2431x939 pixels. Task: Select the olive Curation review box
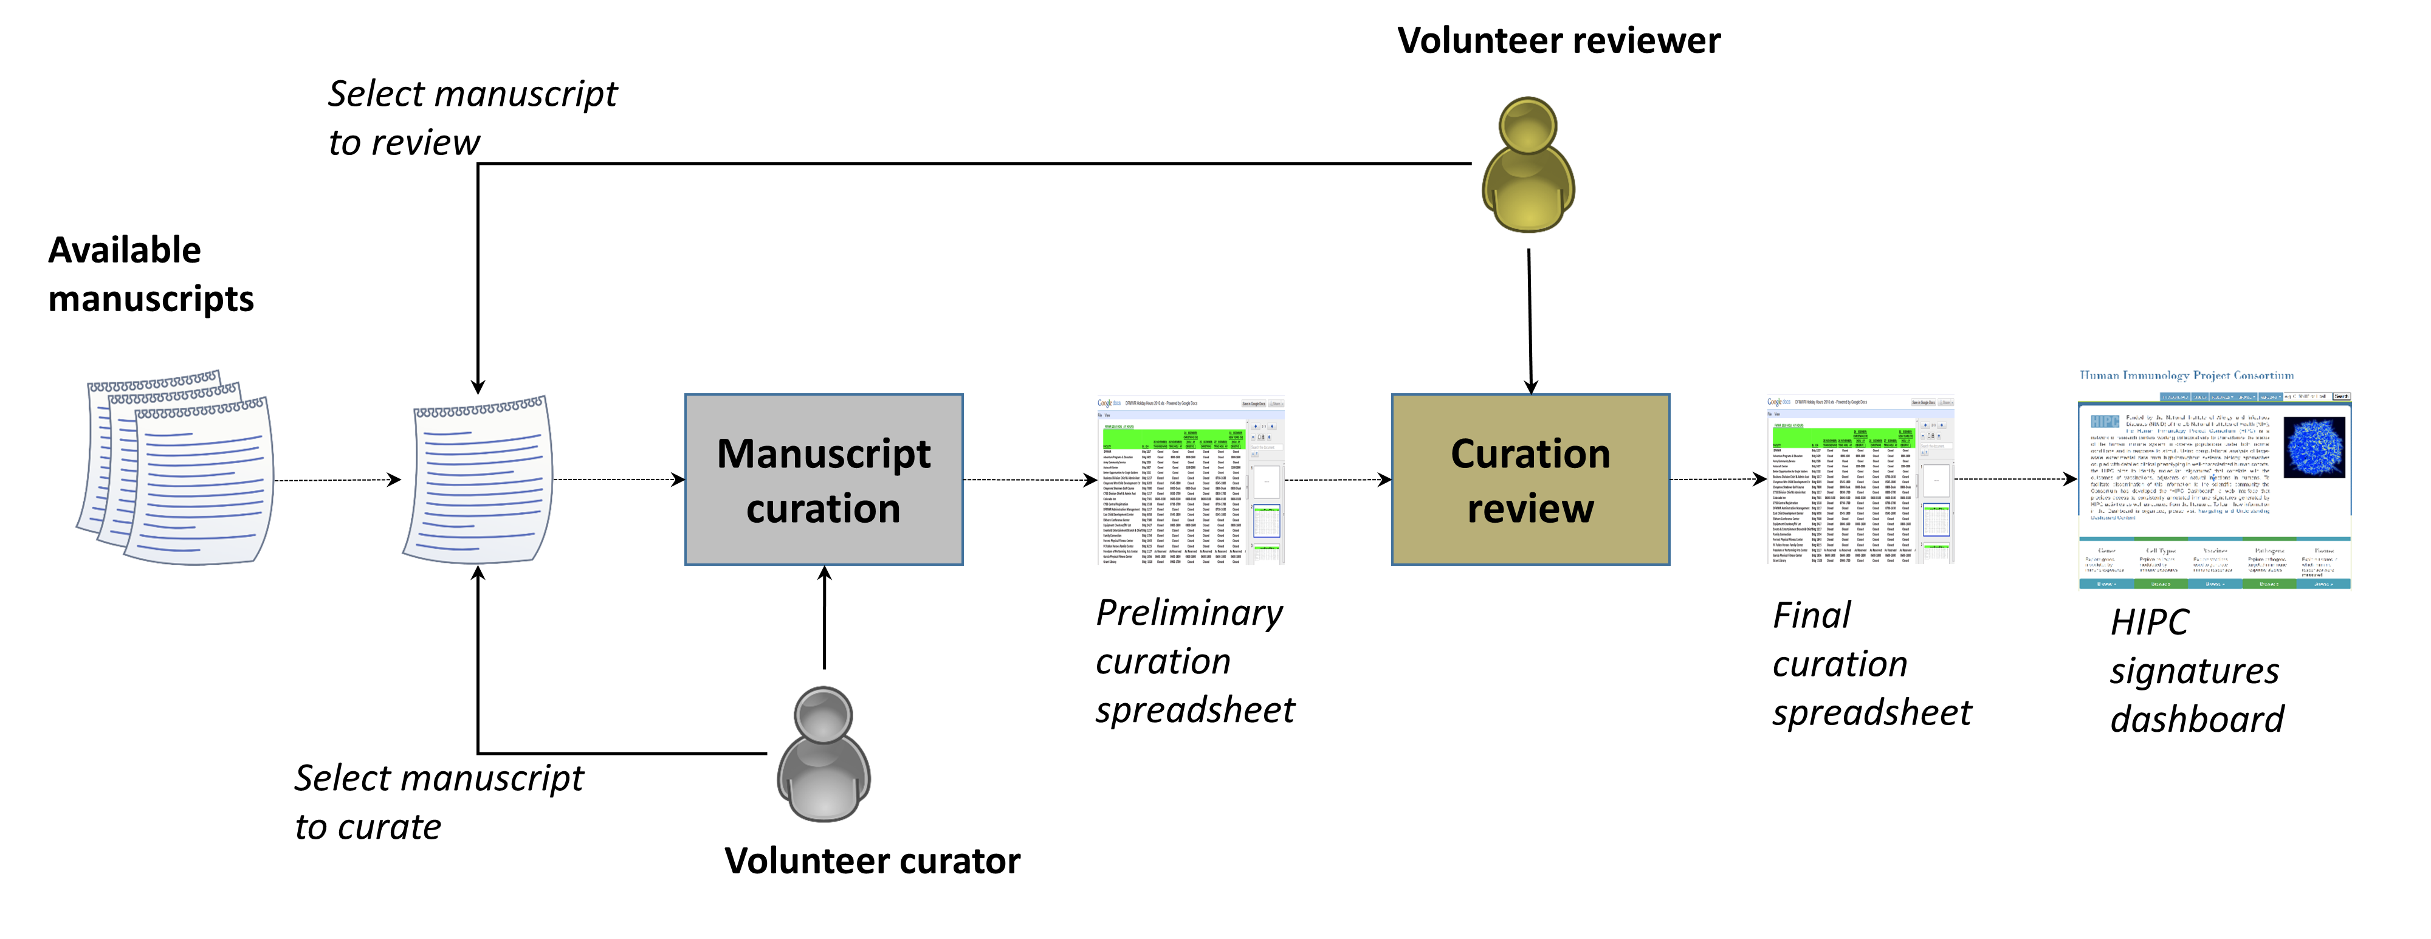[x=1530, y=480]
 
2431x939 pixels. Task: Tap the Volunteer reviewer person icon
[x=1528, y=165]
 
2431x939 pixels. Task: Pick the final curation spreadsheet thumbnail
[x=1860, y=480]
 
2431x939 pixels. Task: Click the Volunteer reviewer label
[x=1558, y=41]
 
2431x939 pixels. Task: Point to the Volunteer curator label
[x=872, y=861]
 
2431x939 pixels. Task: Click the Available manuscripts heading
[x=151, y=273]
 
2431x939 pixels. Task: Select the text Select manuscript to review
[x=472, y=118]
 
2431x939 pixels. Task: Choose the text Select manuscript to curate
[x=439, y=802]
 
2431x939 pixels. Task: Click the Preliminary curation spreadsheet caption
[x=1194, y=661]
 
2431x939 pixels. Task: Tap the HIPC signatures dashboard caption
[x=2196, y=670]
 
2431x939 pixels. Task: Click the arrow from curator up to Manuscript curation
[x=824, y=618]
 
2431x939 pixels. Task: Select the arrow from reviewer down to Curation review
[x=1530, y=321]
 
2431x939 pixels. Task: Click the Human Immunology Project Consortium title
[x=2185, y=376]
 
